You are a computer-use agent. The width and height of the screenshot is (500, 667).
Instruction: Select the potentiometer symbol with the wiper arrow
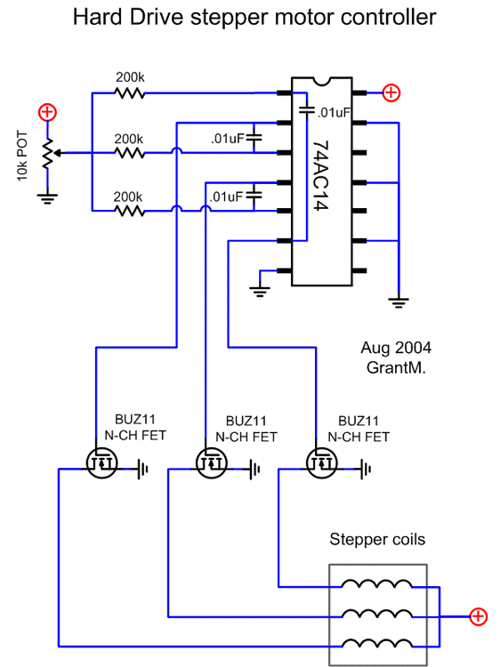click(x=48, y=152)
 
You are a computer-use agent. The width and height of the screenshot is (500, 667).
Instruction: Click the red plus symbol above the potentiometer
click(x=48, y=112)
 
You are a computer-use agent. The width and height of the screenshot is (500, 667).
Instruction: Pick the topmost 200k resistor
click(x=130, y=92)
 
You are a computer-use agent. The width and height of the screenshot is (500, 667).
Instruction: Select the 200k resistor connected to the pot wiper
click(x=130, y=152)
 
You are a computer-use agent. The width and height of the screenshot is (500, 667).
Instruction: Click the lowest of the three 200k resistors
click(x=130, y=211)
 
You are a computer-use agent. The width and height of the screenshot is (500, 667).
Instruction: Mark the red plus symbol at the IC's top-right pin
click(x=391, y=92)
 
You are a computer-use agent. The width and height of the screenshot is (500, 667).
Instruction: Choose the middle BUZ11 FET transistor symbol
click(x=211, y=462)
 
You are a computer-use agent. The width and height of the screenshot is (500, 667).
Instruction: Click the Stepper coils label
click(x=377, y=539)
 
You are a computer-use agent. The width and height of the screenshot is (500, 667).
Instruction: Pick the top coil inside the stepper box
click(x=377, y=584)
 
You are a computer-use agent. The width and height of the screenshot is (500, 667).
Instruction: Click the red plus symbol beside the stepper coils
click(x=479, y=615)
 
